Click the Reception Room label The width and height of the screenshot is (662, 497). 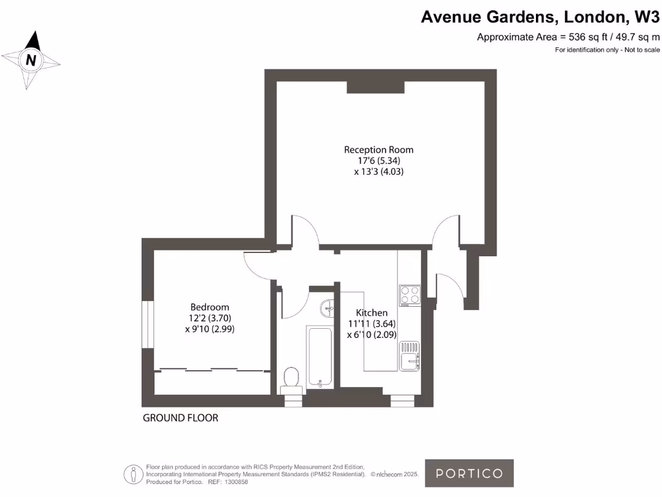[x=378, y=149]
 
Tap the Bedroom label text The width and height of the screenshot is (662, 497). [x=209, y=307]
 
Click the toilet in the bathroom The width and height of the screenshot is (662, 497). [x=291, y=379]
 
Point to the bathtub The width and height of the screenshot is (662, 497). [x=320, y=357]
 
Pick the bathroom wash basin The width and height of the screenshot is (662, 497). [x=327, y=309]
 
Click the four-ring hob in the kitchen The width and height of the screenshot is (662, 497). [x=410, y=295]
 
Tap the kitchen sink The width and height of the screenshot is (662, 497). [x=409, y=357]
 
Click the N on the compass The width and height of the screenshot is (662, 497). [x=30, y=61]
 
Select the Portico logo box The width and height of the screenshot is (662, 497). [x=469, y=473]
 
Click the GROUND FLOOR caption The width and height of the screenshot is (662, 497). [x=180, y=418]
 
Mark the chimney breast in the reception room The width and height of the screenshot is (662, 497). [x=376, y=87]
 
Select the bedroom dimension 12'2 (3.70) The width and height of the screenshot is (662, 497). [x=209, y=318]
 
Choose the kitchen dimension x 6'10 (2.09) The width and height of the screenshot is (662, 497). [x=372, y=335]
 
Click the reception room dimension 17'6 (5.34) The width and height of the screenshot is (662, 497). [x=378, y=160]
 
